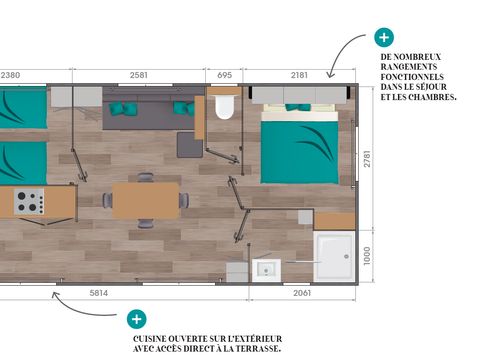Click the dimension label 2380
12,75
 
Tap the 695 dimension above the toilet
224,75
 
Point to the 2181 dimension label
299,75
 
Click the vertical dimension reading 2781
367,158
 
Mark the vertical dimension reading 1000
367,256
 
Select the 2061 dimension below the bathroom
301,293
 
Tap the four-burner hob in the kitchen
29,202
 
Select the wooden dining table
145,200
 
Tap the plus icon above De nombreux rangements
383,37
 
